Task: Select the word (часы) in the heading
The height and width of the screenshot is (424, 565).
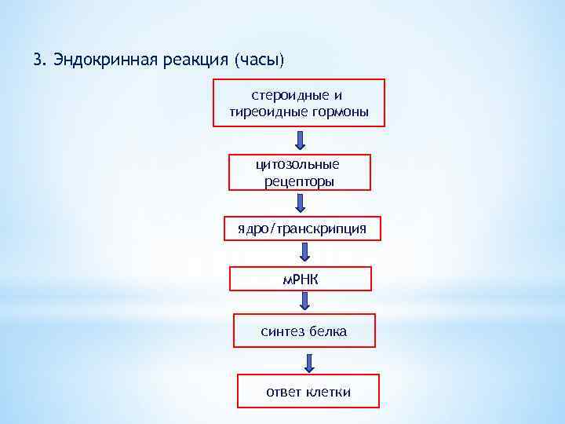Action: tap(260, 60)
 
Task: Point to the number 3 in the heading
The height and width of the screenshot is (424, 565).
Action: tap(37, 60)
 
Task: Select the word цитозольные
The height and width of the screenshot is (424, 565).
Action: tap(298, 165)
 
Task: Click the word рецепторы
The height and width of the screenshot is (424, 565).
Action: tap(299, 181)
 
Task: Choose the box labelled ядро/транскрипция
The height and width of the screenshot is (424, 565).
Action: tap(302, 228)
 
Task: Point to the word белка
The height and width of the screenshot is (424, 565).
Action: tap(328, 331)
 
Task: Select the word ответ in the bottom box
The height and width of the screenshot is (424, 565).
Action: tap(283, 391)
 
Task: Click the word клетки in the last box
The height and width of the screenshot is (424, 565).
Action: tap(328, 391)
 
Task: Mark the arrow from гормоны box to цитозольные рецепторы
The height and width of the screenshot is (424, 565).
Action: tap(301, 141)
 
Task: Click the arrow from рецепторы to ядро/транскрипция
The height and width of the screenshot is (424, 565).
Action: tap(301, 203)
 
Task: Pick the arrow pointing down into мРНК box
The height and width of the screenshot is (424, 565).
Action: tap(304, 253)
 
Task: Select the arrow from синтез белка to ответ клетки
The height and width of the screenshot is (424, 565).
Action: tap(309, 363)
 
